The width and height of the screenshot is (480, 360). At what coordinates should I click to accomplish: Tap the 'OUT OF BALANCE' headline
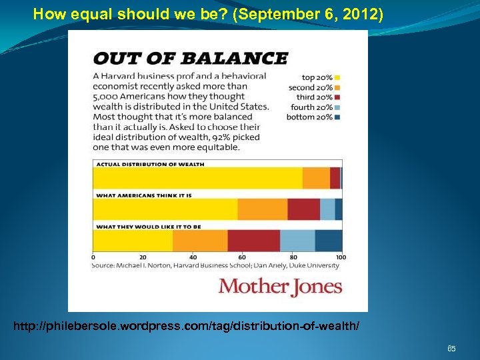point(190,58)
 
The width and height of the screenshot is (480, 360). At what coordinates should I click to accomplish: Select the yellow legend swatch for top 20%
point(339,77)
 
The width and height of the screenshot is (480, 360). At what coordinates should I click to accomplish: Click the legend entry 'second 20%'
point(311,87)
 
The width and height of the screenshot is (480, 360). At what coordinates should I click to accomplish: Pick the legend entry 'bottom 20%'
point(311,117)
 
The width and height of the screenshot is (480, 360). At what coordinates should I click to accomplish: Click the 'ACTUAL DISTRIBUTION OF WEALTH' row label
point(151,163)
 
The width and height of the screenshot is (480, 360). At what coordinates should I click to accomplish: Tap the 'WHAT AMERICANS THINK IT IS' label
point(145,195)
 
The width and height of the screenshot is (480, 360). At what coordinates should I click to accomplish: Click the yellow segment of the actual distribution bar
point(197,178)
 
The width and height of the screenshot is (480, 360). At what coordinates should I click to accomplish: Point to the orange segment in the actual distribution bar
point(316,178)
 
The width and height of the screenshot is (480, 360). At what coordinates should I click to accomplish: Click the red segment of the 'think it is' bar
point(303,209)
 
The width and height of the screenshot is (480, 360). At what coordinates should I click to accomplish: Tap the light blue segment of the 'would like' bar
point(297,241)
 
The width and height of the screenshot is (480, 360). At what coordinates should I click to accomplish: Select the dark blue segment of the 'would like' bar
point(329,241)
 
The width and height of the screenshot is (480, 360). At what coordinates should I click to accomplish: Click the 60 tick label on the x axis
point(241,257)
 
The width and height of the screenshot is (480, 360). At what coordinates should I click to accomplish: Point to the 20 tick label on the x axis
point(142,257)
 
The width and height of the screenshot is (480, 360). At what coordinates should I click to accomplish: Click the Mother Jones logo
point(280,287)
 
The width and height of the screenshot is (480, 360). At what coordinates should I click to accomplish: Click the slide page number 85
point(451,349)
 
